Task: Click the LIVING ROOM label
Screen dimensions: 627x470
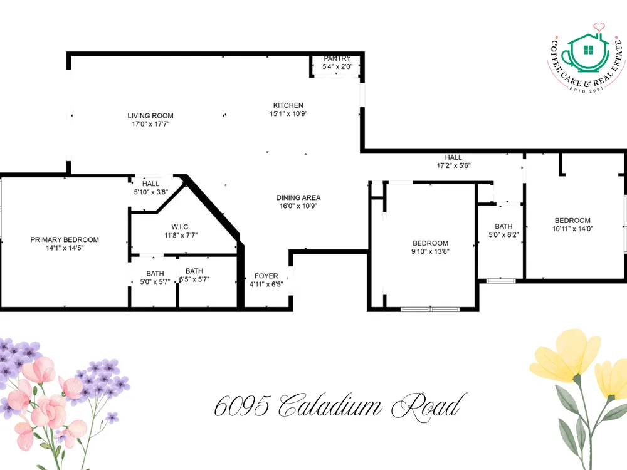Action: (x=150, y=115)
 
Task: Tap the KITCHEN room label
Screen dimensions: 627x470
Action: (x=288, y=105)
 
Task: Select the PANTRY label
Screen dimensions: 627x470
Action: (x=337, y=58)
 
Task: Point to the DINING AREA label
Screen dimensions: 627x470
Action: (x=298, y=197)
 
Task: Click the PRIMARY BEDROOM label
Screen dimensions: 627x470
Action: (x=65, y=239)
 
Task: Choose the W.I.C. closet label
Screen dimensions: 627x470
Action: (x=181, y=227)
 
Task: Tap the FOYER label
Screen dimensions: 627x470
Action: (x=266, y=276)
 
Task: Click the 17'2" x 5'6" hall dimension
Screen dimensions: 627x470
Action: (x=453, y=165)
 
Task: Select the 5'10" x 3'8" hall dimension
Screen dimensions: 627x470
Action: (x=150, y=192)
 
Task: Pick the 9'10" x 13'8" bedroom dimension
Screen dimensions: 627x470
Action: (x=430, y=251)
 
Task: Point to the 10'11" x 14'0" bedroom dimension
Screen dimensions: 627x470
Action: (x=572, y=229)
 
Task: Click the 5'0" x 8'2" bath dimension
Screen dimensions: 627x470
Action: (x=503, y=234)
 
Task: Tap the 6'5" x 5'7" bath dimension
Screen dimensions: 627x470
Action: (x=194, y=279)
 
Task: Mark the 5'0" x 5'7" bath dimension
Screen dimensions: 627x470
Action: (x=155, y=282)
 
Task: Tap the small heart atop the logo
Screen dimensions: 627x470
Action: (x=599, y=27)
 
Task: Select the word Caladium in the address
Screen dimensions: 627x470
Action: (x=330, y=405)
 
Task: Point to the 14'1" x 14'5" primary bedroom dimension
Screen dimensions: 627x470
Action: (x=65, y=248)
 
